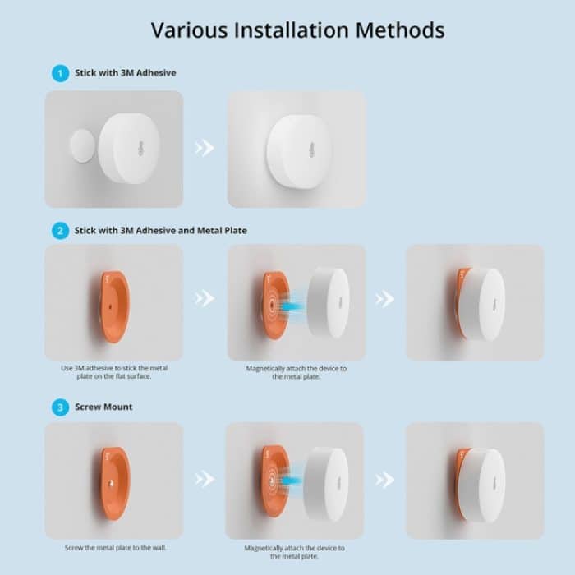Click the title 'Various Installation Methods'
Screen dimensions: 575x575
pyautogui.click(x=297, y=30)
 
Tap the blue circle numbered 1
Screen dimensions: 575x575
pyautogui.click(x=60, y=73)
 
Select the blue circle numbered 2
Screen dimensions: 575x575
pyautogui.click(x=60, y=231)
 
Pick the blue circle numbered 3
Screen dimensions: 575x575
pyautogui.click(x=60, y=407)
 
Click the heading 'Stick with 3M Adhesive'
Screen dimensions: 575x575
pyautogui.click(x=126, y=73)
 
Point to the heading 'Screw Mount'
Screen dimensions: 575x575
pyautogui.click(x=104, y=407)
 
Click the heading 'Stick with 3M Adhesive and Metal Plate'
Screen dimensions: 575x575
pyautogui.click(x=161, y=231)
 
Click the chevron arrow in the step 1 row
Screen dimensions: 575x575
pyautogui.click(x=204, y=148)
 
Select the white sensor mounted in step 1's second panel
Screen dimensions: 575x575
pyautogui.click(x=297, y=150)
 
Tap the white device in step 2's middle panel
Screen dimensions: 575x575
pyautogui.click(x=328, y=302)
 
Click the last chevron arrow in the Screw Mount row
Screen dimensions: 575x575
pyautogui.click(x=384, y=480)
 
